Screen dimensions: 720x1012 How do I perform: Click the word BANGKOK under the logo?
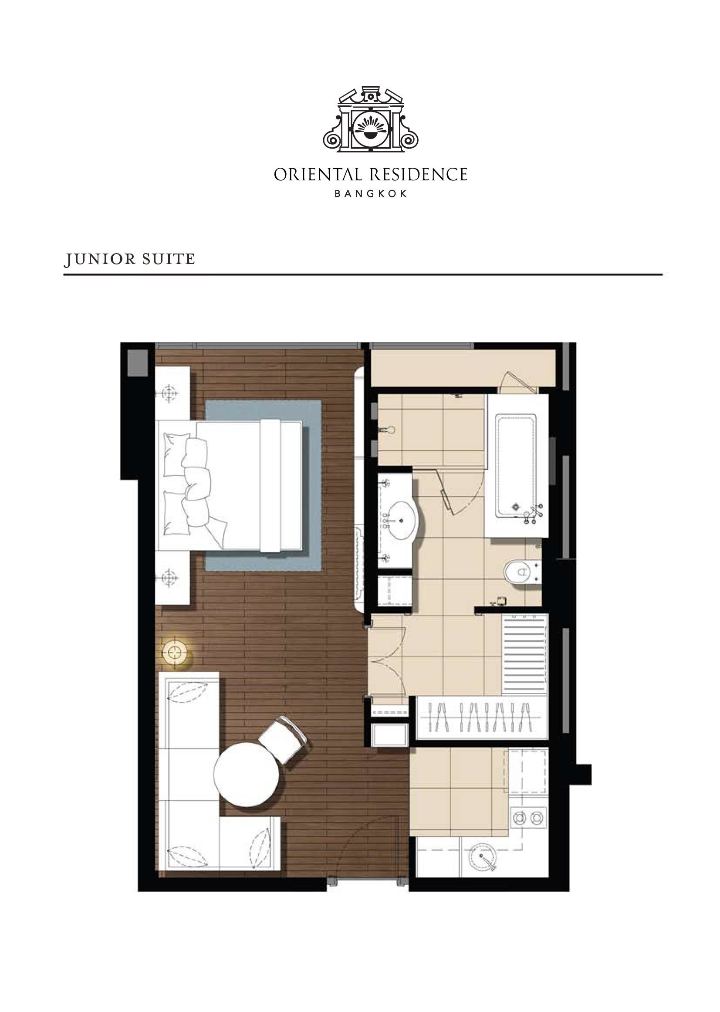click(370, 194)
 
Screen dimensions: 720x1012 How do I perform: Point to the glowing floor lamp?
click(176, 652)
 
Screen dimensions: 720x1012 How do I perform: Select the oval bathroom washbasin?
click(401, 520)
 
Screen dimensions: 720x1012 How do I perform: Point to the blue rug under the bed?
click(264, 486)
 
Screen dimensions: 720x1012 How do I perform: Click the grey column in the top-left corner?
click(138, 363)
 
